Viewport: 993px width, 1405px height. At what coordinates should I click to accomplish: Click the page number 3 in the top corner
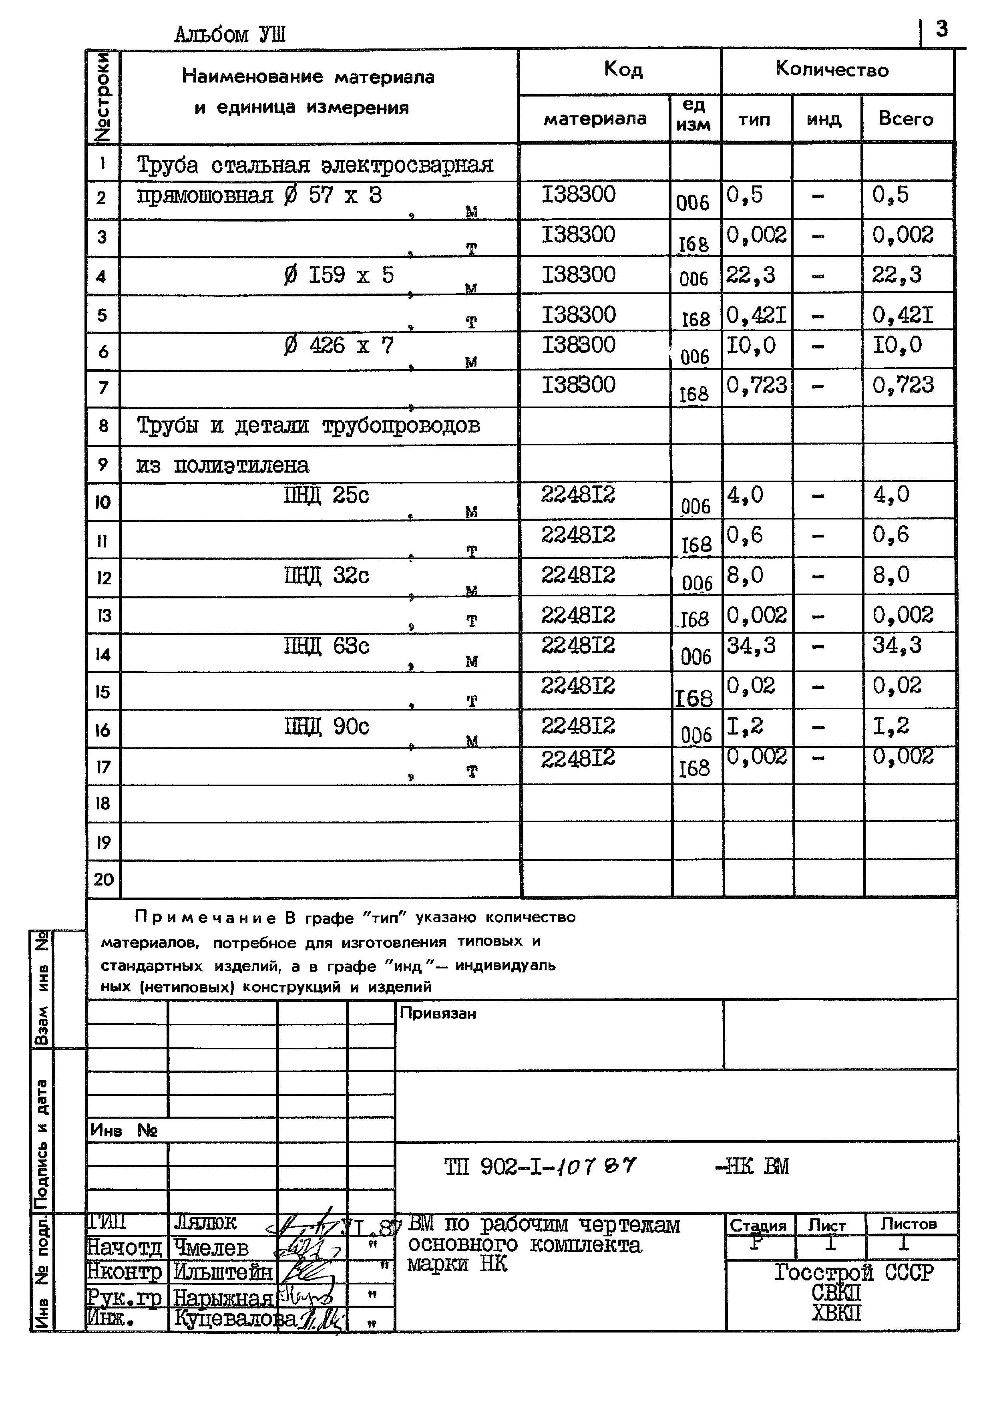pyautogui.click(x=942, y=29)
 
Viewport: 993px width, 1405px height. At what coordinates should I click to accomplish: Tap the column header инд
pyautogui.click(x=824, y=119)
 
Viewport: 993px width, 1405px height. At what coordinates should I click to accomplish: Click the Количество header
pyautogui.click(x=832, y=69)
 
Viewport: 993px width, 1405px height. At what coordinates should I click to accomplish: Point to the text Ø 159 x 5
pyautogui.click(x=339, y=276)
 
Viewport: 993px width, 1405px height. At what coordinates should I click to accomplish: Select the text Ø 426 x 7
pyautogui.click(x=339, y=346)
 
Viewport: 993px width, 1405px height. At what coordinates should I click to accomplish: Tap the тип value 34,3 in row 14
pyautogui.click(x=751, y=645)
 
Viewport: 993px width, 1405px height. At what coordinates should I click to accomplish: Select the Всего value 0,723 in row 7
pyautogui.click(x=903, y=385)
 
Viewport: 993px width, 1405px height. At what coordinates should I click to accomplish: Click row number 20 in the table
pyautogui.click(x=103, y=880)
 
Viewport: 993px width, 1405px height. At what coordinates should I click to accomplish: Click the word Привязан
pyautogui.click(x=438, y=1013)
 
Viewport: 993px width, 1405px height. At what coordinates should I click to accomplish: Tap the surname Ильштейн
pyautogui.click(x=223, y=1272)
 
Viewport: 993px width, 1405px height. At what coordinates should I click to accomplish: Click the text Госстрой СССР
pyautogui.click(x=854, y=1272)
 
